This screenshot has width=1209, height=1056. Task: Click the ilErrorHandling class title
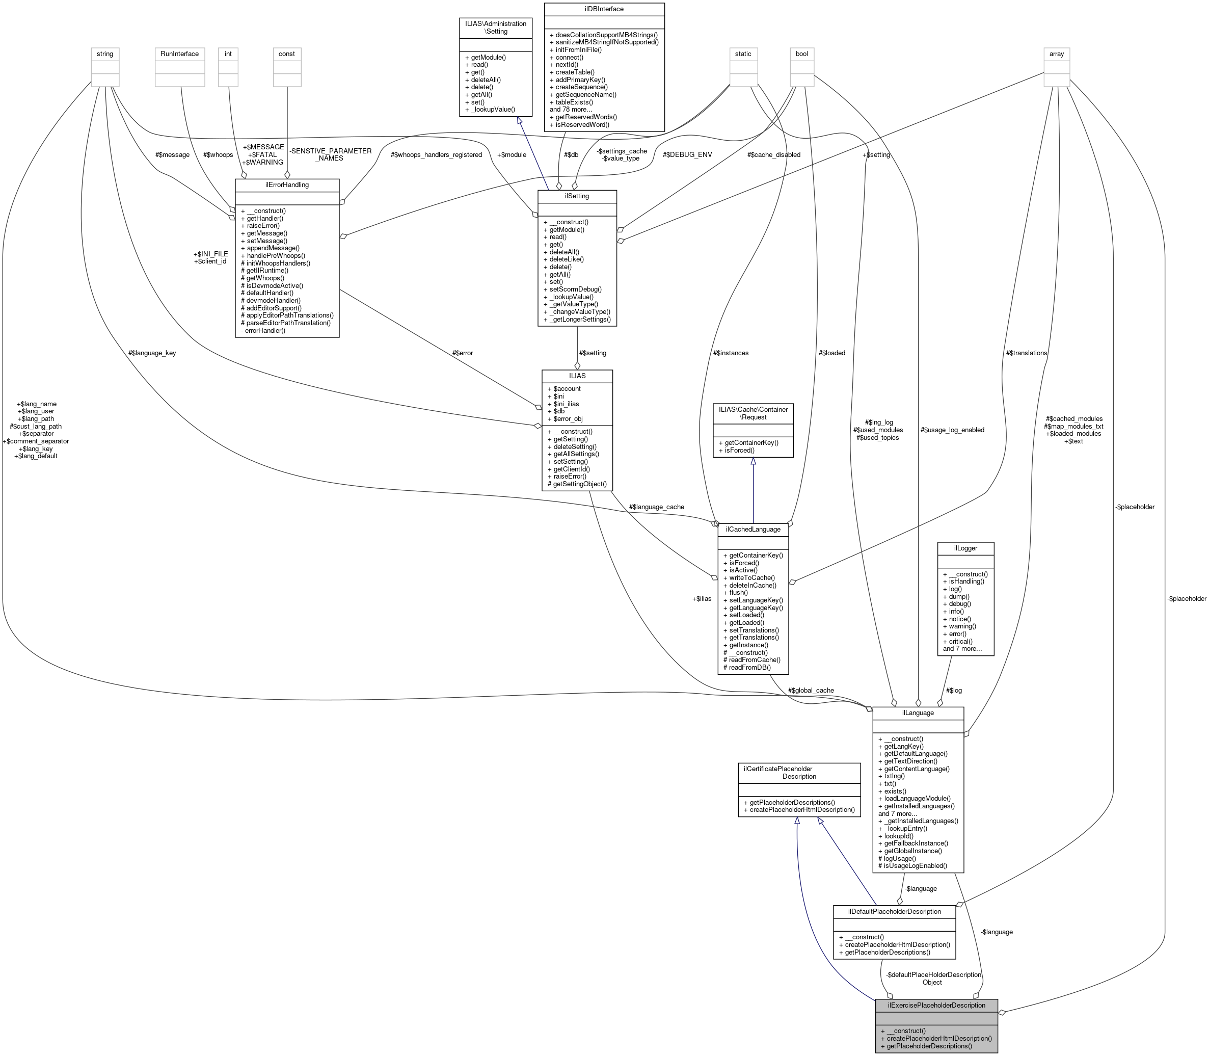click(287, 185)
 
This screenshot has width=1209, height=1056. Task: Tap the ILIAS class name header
click(577, 376)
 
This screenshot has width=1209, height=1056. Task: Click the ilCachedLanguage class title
click(753, 529)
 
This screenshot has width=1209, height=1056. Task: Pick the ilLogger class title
click(965, 548)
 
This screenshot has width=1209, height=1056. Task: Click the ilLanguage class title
click(918, 713)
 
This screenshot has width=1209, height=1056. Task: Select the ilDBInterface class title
click(604, 9)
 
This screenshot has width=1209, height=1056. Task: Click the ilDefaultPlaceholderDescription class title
click(894, 912)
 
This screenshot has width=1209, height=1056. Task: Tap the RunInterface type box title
click(180, 54)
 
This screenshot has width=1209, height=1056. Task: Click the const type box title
click(286, 54)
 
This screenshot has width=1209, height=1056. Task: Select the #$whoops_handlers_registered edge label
click(436, 155)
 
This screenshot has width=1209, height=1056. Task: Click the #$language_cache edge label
click(656, 507)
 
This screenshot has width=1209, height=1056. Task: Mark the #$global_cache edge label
click(811, 690)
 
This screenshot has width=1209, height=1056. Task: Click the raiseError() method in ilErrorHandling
click(260, 226)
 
